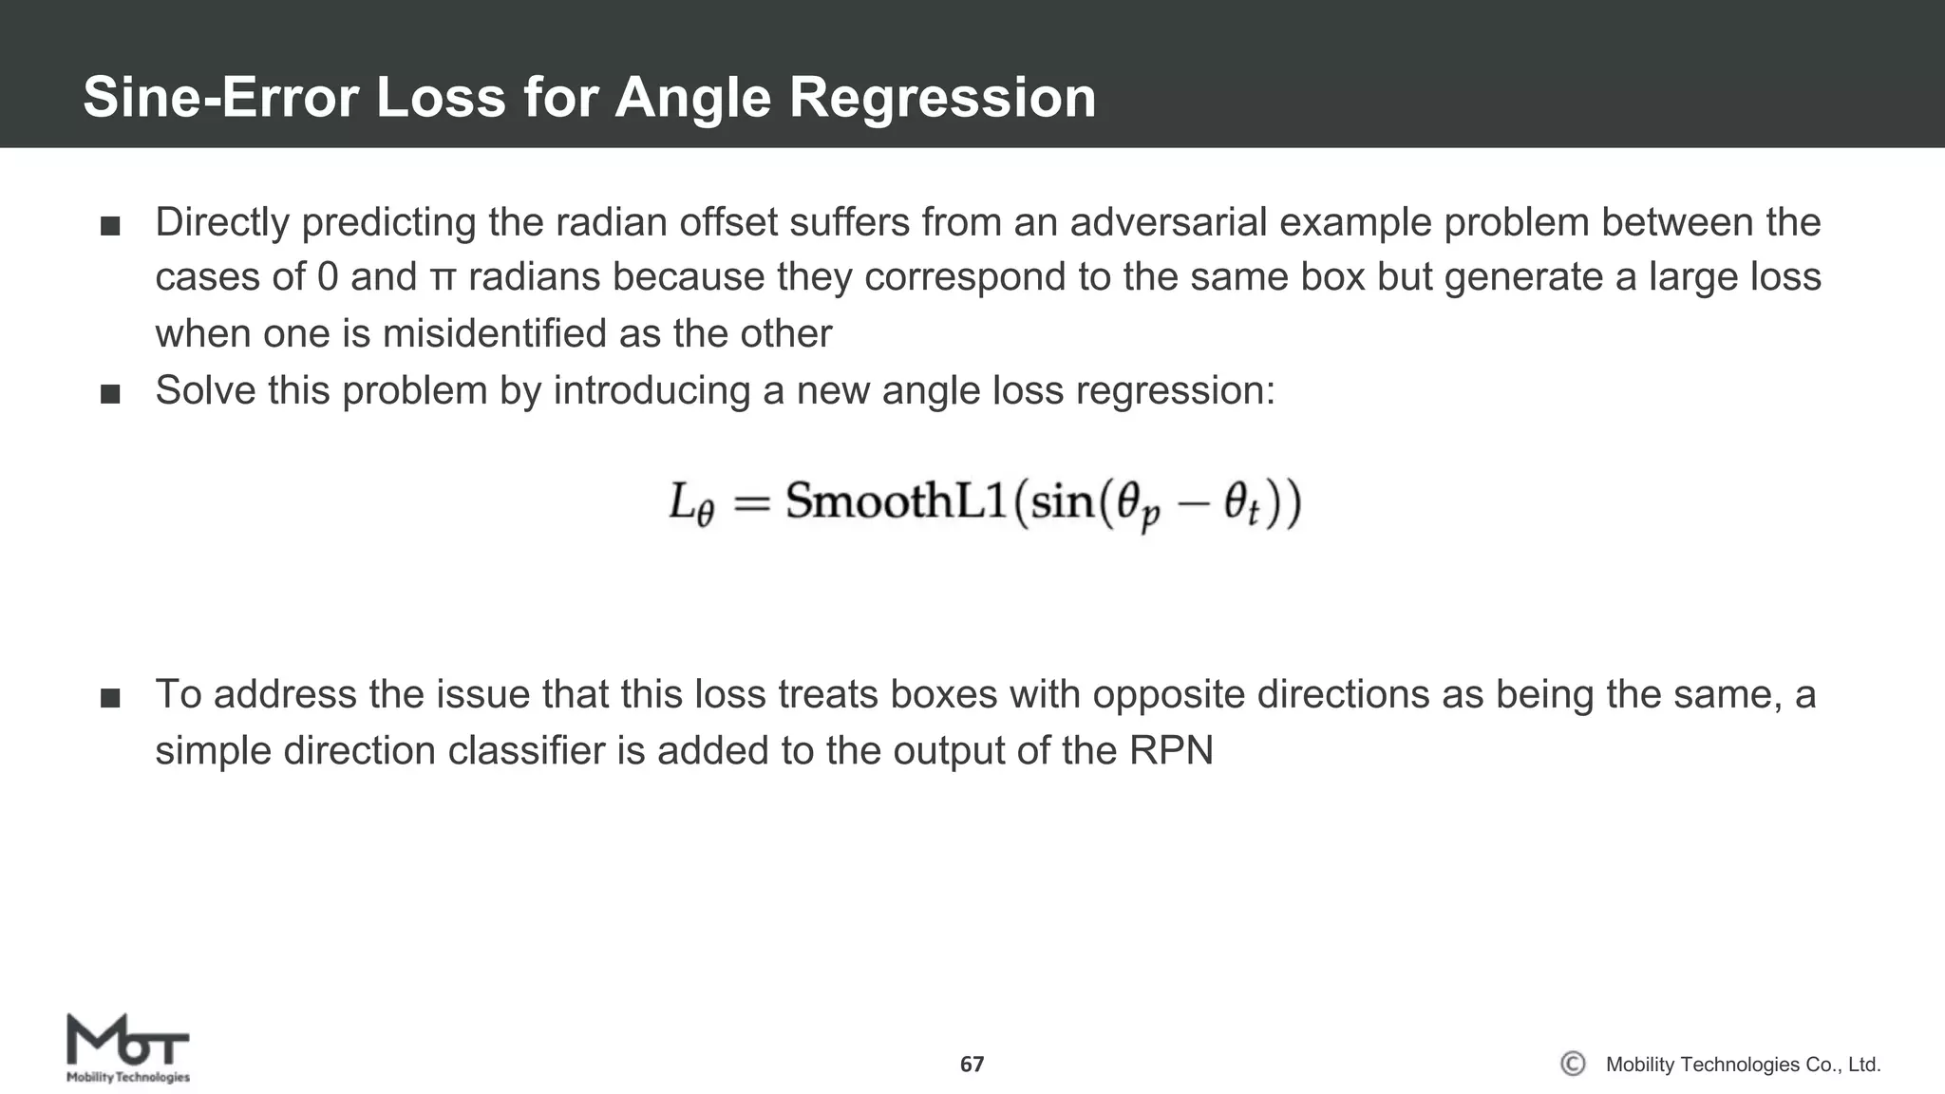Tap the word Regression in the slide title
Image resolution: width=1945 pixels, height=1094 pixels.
pos(942,97)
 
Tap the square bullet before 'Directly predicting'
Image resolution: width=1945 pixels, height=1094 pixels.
pos(110,226)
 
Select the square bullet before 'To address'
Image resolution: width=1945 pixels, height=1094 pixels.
pos(110,699)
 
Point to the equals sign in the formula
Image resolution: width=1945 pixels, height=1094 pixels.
pos(750,502)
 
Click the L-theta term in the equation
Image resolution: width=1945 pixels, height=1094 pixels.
pos(690,503)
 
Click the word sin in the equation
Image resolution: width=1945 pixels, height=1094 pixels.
pos(1062,500)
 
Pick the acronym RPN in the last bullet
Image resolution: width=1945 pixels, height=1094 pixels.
pos(1171,750)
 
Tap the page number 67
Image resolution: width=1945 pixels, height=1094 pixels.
pos(972,1064)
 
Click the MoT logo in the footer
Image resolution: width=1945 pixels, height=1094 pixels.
pos(127,1047)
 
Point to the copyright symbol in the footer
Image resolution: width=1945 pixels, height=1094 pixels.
pos(1573,1064)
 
